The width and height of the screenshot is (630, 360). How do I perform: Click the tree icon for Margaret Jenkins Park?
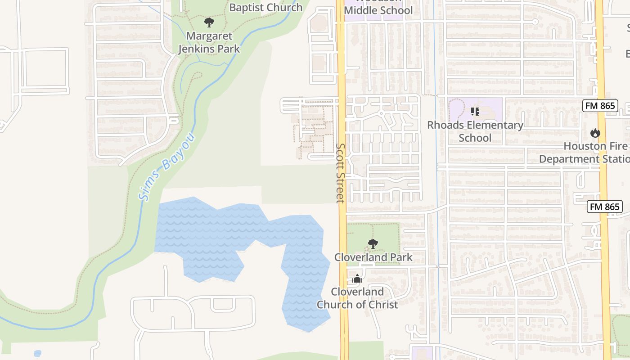(x=209, y=22)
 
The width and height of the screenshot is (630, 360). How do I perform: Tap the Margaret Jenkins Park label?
(x=209, y=42)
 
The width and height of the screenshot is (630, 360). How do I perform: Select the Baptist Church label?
(x=265, y=7)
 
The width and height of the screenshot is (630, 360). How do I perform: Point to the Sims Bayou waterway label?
(x=166, y=166)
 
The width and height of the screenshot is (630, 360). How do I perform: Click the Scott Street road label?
(x=341, y=173)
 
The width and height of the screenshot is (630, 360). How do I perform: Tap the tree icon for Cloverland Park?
(x=373, y=244)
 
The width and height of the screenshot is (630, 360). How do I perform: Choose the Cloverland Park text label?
(x=373, y=257)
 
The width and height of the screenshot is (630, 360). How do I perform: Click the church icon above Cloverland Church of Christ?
(x=357, y=279)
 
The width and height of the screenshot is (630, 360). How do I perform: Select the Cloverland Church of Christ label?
(x=357, y=298)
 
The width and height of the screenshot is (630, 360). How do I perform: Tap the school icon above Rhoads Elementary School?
(x=475, y=111)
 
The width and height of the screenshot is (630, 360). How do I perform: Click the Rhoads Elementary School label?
(x=475, y=131)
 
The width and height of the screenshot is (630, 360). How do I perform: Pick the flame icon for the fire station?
(x=595, y=133)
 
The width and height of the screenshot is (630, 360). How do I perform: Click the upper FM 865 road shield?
(x=600, y=106)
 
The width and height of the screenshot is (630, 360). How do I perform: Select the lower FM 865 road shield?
(x=605, y=207)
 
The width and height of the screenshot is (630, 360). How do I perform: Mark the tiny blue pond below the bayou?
(x=37, y=353)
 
